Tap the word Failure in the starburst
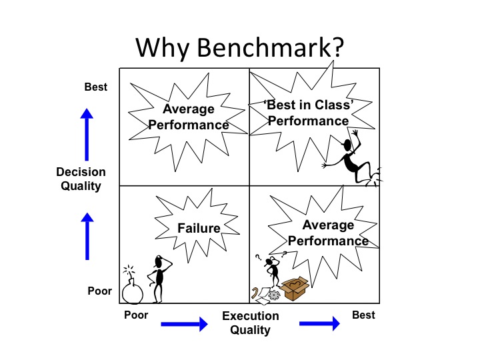click(x=199, y=228)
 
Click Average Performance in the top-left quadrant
click(x=189, y=117)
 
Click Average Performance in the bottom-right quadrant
click(x=328, y=233)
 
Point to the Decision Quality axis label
click(x=81, y=179)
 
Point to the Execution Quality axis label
click(x=251, y=323)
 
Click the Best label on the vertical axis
click(x=96, y=87)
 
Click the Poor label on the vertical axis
click(x=100, y=291)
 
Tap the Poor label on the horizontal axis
click(x=136, y=315)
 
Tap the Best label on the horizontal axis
click(x=363, y=315)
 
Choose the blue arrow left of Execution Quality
click(x=184, y=324)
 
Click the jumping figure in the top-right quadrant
click(x=351, y=160)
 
